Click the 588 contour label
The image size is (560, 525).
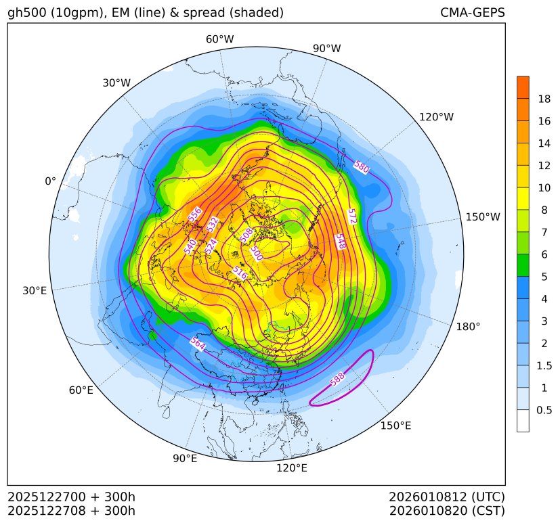pyautogui.click(x=337, y=380)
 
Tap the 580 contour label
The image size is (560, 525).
pyautogui.click(x=362, y=167)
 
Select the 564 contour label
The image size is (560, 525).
pyautogui.click(x=197, y=344)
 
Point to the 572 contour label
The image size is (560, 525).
pyautogui.click(x=351, y=216)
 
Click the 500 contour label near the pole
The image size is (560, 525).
pyautogui.click(x=257, y=254)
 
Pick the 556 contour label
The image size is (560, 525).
pyautogui.click(x=195, y=214)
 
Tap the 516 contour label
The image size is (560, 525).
pyautogui.click(x=239, y=273)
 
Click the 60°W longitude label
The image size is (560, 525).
pyautogui.click(x=219, y=39)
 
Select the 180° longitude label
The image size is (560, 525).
pyautogui.click(x=468, y=327)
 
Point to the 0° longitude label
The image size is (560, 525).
pyautogui.click(x=50, y=181)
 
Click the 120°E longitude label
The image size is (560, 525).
pyautogui.click(x=292, y=468)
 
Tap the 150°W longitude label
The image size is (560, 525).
pyautogui.click(x=483, y=217)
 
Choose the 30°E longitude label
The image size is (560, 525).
pyautogui.click(x=35, y=291)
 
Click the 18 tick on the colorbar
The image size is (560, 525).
pyautogui.click(x=544, y=99)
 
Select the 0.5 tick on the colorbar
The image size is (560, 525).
pyautogui.click(x=544, y=410)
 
